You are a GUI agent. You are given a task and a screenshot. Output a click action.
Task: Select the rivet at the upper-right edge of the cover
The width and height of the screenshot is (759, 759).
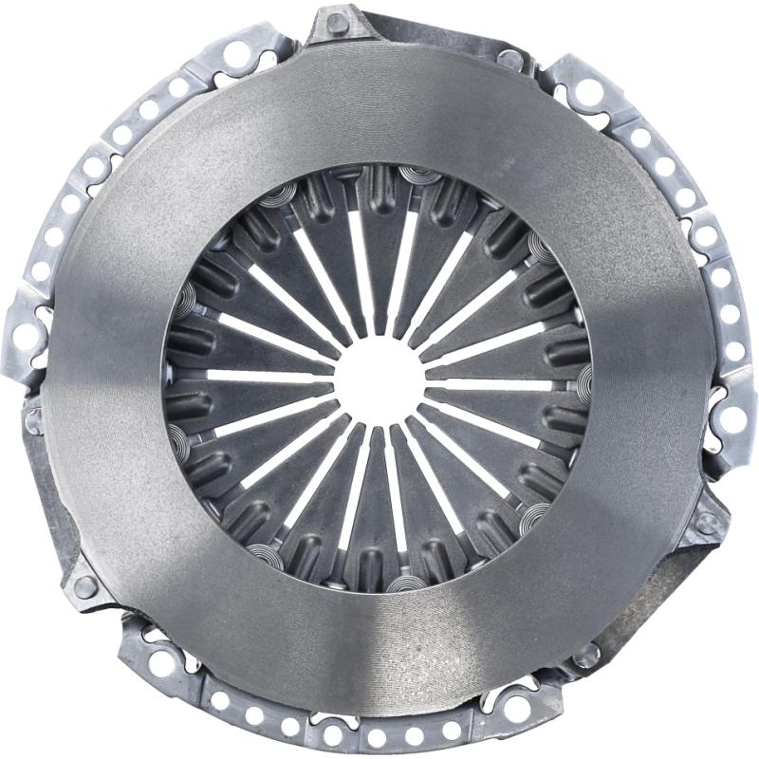tap(509, 59)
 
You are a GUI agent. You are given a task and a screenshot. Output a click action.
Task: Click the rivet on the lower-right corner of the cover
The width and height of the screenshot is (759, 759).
tap(705, 521)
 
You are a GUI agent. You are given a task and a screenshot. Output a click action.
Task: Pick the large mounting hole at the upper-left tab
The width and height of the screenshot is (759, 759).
tap(236, 54)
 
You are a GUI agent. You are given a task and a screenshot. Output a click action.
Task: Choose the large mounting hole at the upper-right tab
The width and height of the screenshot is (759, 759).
tap(589, 90)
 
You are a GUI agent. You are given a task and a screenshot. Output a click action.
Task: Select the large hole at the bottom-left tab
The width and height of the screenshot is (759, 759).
tap(161, 663)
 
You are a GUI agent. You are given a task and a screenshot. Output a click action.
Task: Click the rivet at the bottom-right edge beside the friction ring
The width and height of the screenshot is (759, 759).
tap(589, 654)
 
